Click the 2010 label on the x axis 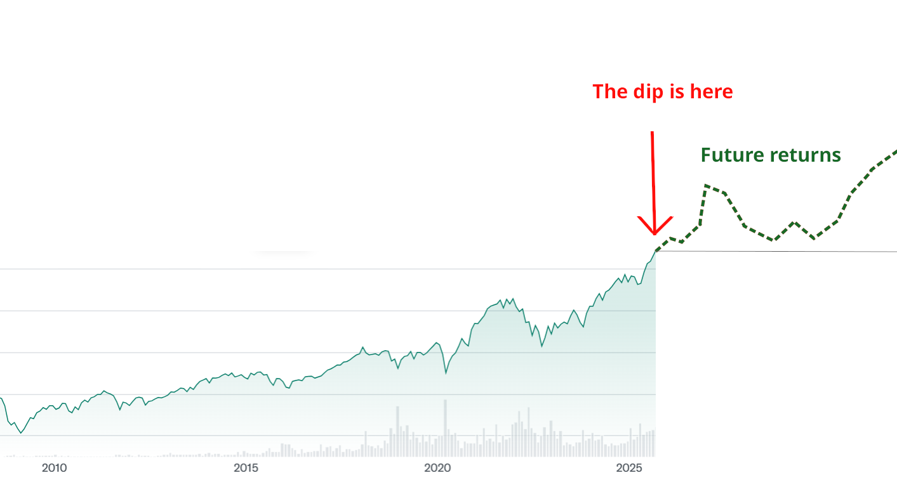click(x=54, y=469)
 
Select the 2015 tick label click(x=246, y=469)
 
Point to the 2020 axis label click(x=437, y=469)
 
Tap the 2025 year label click(x=630, y=469)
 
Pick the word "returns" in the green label click(x=810, y=155)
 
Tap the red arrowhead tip click(x=654, y=233)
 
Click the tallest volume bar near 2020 click(x=445, y=427)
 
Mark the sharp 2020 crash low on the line click(x=446, y=373)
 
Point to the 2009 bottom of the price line click(x=20, y=432)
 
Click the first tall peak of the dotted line click(x=706, y=186)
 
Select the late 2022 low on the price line click(x=542, y=346)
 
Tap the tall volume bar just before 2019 click(x=398, y=431)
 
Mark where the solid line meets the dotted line click(x=655, y=252)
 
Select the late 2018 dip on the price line click(x=398, y=368)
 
